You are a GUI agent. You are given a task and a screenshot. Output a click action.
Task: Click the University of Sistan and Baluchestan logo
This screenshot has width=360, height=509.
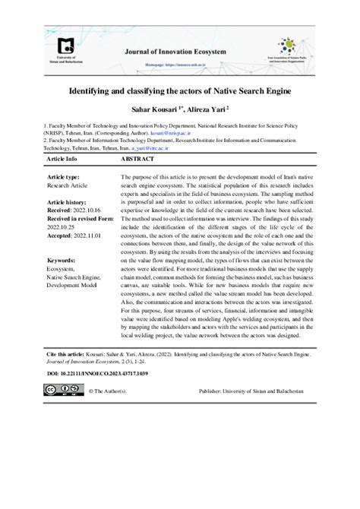[66, 49]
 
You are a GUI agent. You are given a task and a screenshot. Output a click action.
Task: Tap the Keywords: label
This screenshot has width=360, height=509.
[62, 261]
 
